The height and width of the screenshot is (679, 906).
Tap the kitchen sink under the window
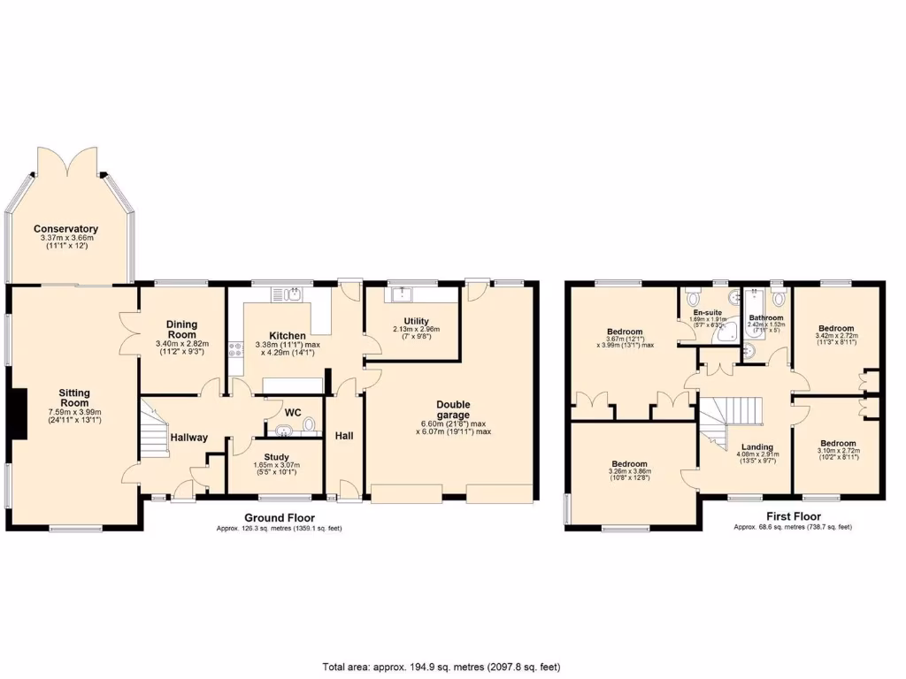[289, 294]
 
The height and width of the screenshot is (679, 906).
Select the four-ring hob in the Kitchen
[236, 350]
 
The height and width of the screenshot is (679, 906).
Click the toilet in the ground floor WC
[308, 427]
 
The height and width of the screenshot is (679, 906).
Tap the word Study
[277, 456]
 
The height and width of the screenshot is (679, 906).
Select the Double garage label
[453, 409]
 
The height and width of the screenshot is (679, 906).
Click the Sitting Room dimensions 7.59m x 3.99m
[74, 411]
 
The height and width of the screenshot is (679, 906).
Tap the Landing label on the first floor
[757, 446]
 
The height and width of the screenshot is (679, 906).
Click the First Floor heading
[793, 516]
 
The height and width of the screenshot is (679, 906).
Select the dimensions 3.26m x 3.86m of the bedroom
[629, 473]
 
